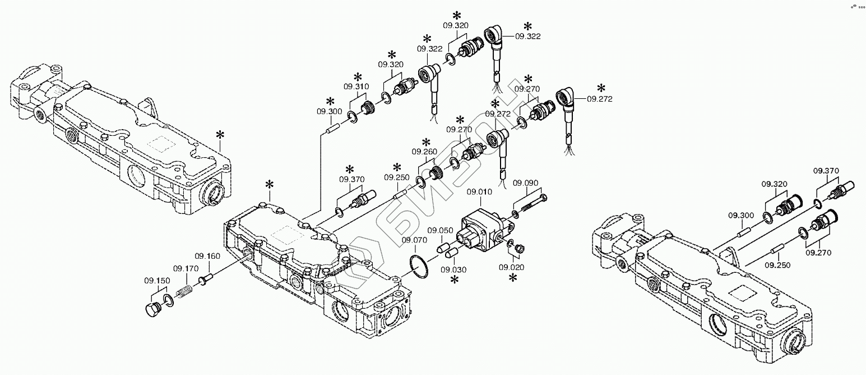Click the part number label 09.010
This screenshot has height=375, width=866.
479,192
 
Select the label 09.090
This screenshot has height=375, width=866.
525,183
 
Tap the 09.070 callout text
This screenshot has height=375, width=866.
414,240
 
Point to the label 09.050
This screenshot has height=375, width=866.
441,230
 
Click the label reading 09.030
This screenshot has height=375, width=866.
453,269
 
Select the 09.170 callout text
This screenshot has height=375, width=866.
186,268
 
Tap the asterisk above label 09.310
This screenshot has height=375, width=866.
358,77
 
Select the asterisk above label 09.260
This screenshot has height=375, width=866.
425,141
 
